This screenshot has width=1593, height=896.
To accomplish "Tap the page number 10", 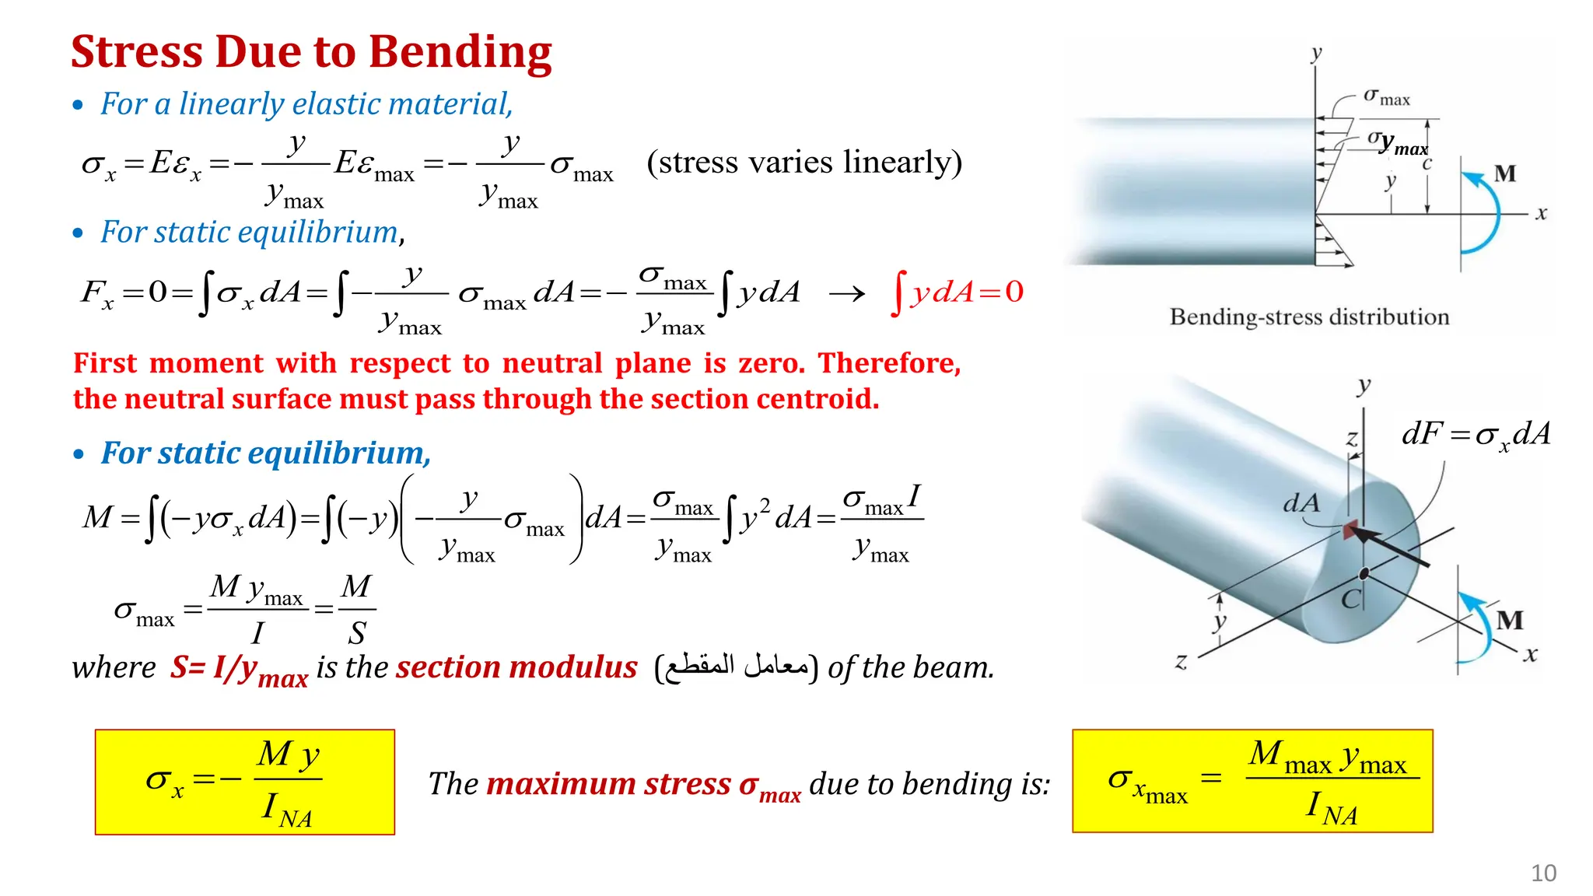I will pos(1543,873).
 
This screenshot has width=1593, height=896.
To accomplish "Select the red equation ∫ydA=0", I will pos(958,292).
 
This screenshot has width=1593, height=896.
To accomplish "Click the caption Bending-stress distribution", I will pos(1309,317).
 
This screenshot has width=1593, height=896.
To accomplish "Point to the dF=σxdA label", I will pos(1476,435).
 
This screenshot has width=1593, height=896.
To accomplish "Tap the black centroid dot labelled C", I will pos(1364,574).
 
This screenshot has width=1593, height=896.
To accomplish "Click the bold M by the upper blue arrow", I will pos(1504,173).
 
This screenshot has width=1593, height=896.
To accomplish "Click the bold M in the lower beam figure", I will pos(1510,620).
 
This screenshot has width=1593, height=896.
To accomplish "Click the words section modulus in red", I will pos(516,667).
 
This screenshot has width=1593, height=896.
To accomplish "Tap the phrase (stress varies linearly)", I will pos(804,162).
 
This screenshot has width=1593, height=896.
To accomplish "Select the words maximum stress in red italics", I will pos(608,784).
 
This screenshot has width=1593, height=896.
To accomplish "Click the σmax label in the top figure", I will pos(1386,97).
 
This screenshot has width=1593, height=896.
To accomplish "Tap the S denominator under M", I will pos(356,633).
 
